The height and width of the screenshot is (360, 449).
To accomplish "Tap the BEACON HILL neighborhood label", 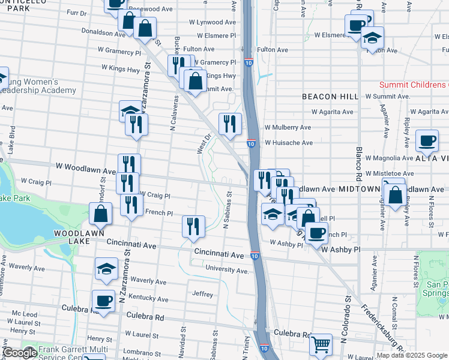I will pos(330,96).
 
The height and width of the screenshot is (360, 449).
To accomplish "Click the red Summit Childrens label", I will pos(414,85).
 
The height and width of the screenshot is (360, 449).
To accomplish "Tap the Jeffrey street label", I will pos(203,294).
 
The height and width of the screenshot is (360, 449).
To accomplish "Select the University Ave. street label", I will pos(226,271).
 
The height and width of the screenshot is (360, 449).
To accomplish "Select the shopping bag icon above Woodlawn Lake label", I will pos(100,214).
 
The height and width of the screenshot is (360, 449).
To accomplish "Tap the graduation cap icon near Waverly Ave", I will pos(106,268).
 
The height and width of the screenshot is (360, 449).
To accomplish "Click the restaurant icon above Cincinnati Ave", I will pos(193,226).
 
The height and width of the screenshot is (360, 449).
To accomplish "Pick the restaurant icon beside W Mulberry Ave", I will pos(230,124).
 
